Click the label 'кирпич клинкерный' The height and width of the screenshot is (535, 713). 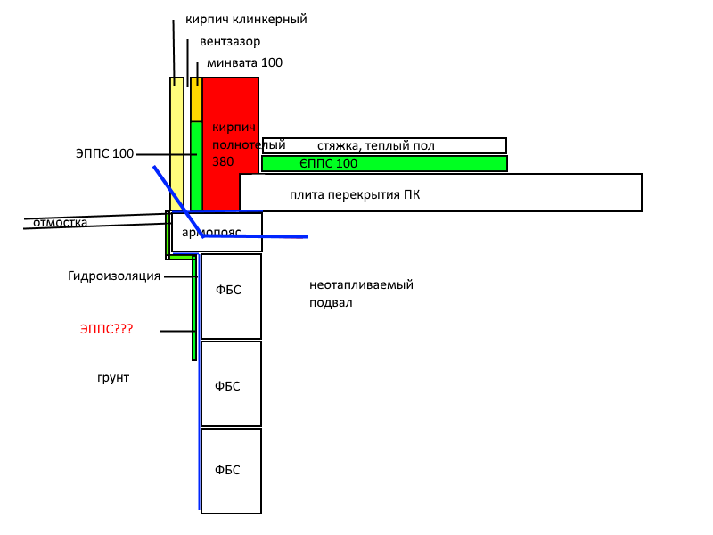point(246,20)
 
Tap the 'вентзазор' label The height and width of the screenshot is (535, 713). point(230,41)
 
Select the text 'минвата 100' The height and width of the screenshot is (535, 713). point(244,62)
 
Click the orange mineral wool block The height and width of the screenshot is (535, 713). point(196,100)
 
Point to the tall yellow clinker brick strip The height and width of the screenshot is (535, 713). point(176,144)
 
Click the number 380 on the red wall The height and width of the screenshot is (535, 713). point(223,161)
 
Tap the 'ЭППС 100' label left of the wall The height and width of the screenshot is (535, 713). point(104,153)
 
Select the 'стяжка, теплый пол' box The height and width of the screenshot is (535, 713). point(384,145)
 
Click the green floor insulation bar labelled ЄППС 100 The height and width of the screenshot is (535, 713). point(385,164)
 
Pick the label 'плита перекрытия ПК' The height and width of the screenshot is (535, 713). point(355,194)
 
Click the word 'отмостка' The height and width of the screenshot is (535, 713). point(60,222)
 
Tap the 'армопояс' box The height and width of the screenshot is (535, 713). point(217,232)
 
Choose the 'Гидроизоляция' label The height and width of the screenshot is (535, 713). point(114,276)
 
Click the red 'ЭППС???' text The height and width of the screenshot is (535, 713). point(106,329)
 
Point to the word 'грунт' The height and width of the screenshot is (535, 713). point(113,377)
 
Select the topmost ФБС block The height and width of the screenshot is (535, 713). point(231,296)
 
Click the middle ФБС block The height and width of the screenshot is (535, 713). point(231,383)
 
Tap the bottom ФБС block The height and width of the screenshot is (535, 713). point(231,472)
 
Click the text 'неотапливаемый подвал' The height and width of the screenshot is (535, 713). point(362,294)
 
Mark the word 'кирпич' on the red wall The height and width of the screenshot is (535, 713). point(234,128)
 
